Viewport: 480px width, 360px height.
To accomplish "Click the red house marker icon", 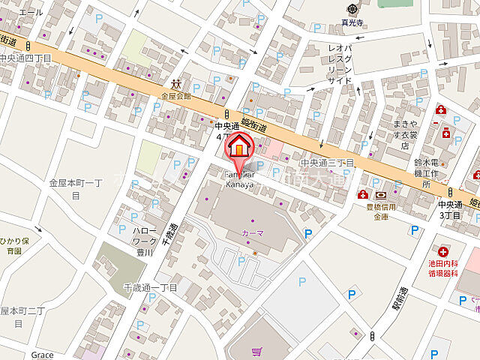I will click(x=240, y=145).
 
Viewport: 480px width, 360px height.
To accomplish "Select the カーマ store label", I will click(x=252, y=233).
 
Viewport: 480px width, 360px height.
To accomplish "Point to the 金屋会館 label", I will click(x=176, y=96).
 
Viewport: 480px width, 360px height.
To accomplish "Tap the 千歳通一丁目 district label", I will click(x=150, y=287).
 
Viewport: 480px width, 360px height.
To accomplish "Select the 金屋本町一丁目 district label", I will click(x=75, y=188).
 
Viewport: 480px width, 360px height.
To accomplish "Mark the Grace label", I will click(x=43, y=355).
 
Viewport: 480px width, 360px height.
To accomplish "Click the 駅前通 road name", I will click(x=396, y=301).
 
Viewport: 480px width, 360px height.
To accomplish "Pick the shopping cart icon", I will click(x=257, y=351).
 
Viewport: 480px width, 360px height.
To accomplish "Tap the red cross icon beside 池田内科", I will click(x=443, y=253).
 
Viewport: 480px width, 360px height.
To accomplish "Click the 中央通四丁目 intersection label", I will click(x=25, y=58).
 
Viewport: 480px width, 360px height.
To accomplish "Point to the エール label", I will click(x=31, y=13).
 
